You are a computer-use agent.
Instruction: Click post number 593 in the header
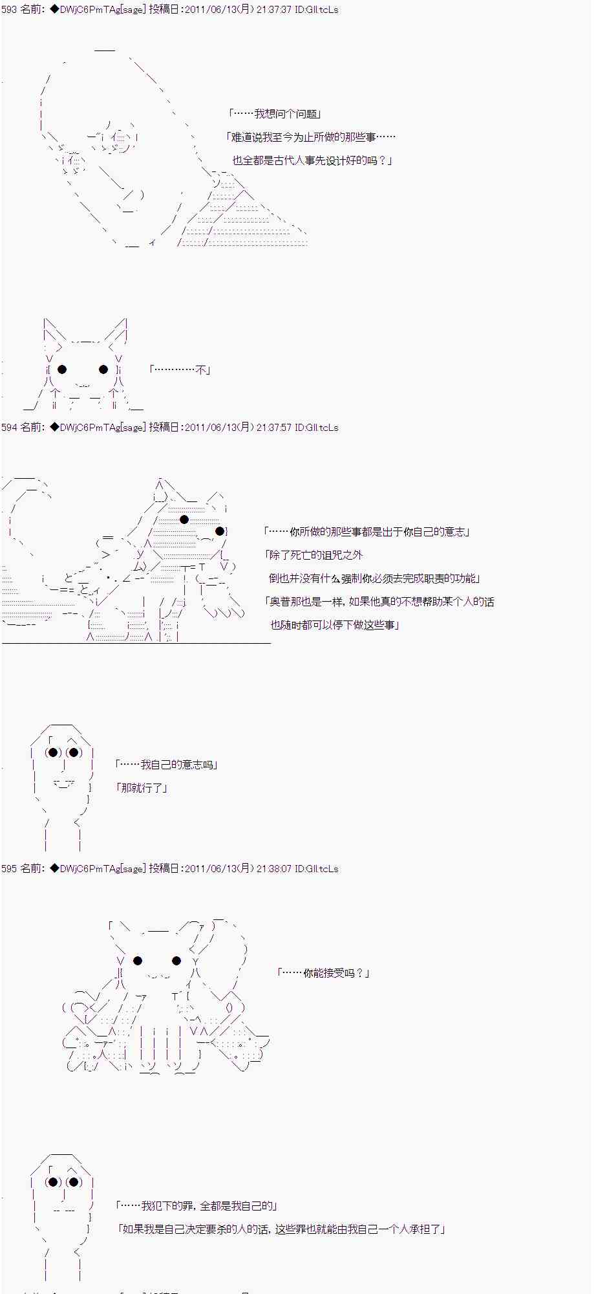9,10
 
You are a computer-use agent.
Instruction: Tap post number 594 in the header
9,427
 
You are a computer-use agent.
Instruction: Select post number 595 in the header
9,868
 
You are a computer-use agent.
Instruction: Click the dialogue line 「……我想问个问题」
275,114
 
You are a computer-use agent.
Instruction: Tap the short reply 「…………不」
180,370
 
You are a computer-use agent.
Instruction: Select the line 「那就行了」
142,788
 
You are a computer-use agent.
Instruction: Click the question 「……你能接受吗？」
323,972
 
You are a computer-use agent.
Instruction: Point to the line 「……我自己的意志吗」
166,765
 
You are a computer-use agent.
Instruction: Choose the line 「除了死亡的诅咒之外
314,555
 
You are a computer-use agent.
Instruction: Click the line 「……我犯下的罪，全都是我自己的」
196,1206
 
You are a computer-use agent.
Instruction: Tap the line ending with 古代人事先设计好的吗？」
313,160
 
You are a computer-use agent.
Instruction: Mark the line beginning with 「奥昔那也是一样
379,602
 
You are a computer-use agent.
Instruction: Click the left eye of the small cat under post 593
62,369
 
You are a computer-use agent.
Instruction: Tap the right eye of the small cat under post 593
103,369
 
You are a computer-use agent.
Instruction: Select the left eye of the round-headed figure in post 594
53,752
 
